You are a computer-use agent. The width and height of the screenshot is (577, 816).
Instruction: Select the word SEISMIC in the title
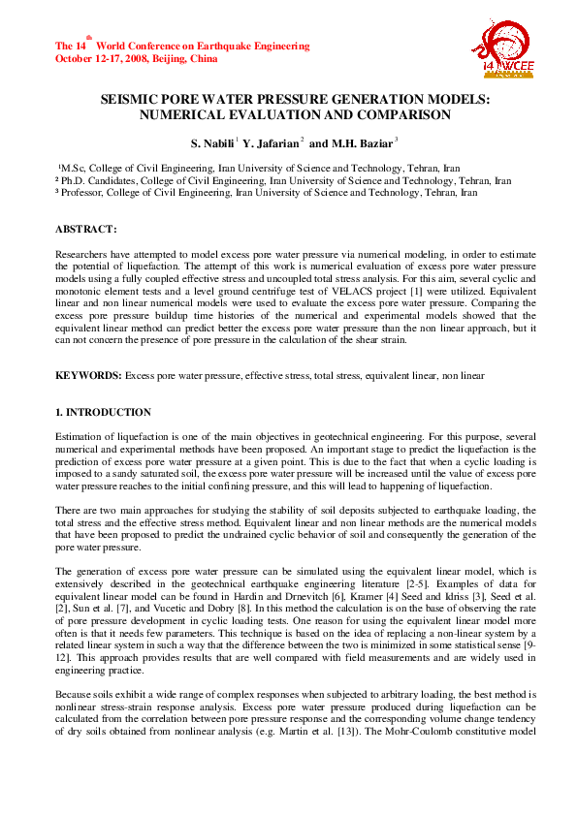(129, 100)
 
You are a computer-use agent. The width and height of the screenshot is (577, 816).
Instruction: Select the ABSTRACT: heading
(85, 229)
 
